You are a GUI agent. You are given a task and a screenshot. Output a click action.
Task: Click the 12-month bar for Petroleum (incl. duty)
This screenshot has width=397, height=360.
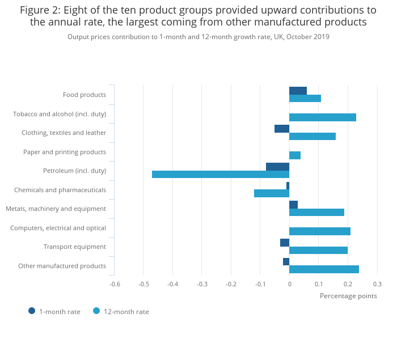point(221,174)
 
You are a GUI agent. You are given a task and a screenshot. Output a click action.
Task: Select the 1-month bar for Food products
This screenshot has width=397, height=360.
point(298,91)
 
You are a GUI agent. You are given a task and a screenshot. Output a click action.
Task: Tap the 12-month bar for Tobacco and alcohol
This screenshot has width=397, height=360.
point(323,117)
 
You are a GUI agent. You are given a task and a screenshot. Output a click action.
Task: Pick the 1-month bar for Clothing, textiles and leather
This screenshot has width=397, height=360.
point(282,129)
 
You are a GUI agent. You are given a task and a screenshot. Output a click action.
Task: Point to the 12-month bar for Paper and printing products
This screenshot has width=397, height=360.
point(295,155)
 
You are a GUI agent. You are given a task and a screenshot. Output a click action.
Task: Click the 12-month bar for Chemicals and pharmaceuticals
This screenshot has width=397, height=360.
point(272,193)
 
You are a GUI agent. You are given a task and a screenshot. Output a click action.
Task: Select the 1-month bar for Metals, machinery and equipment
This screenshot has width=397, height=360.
point(293,205)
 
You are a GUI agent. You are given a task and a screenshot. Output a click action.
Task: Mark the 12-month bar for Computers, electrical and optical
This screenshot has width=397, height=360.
point(320,231)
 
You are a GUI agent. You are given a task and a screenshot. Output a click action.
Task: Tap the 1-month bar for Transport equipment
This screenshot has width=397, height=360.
point(285,243)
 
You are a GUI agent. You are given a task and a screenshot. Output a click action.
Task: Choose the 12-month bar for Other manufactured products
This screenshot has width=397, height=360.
point(324,269)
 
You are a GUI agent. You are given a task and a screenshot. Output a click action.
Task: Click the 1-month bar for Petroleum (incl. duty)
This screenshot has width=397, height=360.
point(277,167)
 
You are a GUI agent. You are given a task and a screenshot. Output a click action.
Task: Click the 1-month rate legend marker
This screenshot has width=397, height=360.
point(32,311)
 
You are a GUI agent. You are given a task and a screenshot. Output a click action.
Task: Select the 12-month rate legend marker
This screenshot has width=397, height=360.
point(96,311)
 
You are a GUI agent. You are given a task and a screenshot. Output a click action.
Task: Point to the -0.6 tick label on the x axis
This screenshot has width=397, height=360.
point(115,284)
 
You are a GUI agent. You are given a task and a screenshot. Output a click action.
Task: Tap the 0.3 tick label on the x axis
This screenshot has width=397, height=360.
point(377,284)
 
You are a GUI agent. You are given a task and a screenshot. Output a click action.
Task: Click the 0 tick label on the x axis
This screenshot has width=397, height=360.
point(289,284)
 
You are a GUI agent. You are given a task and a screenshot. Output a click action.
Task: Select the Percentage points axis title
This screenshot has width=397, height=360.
point(348,295)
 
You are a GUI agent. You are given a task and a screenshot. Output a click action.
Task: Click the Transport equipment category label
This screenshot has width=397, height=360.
point(75,247)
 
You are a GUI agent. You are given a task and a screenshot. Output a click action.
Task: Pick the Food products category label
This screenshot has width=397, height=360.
point(85,95)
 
